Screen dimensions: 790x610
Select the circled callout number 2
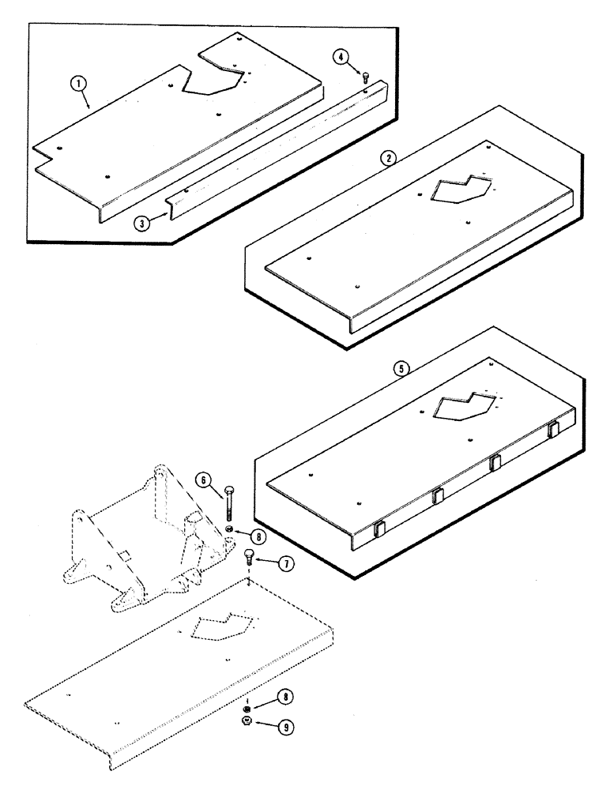[387, 157]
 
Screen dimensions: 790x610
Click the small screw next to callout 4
[366, 77]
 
